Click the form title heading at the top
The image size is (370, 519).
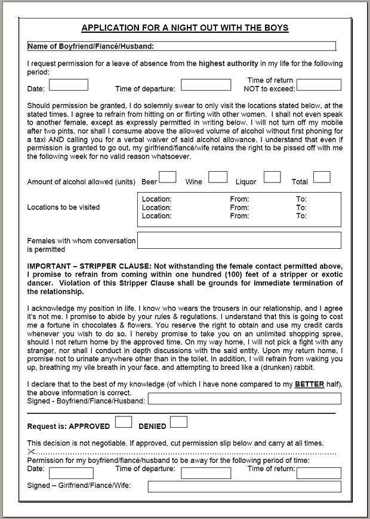[185, 28]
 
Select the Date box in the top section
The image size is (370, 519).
[68, 85]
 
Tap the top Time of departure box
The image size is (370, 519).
[205, 85]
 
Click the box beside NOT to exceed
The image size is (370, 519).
[319, 85]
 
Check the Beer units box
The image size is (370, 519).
[168, 177]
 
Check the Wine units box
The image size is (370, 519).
[218, 177]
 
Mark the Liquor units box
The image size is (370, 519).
[272, 177]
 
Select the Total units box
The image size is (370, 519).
[322, 177]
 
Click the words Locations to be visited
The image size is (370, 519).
[64, 208]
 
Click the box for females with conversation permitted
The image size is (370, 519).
[239, 240]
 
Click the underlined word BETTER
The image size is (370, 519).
[310, 385]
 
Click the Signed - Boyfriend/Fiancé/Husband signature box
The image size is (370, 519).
[245, 399]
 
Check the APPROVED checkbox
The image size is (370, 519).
[124, 422]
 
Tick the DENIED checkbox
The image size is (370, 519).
[178, 422]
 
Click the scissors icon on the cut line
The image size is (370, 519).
[32, 452]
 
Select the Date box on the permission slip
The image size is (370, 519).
[71, 473]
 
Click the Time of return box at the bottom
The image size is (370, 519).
[319, 473]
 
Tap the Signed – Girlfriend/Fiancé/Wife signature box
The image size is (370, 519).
[245, 487]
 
